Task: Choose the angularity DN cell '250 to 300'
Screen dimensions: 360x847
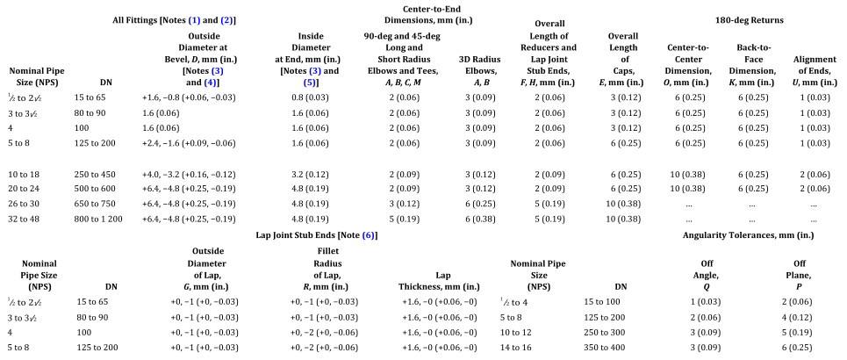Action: tap(606, 333)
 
